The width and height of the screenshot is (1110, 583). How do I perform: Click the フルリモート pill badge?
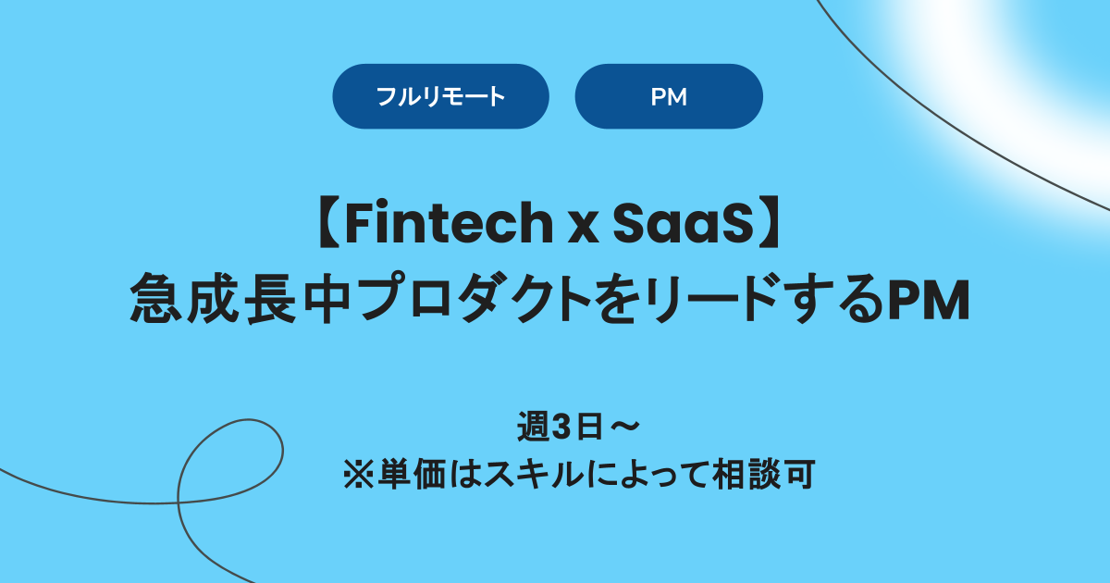(x=440, y=96)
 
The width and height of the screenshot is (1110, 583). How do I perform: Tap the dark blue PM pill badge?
(x=669, y=96)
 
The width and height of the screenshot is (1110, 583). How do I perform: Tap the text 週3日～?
(x=578, y=428)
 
